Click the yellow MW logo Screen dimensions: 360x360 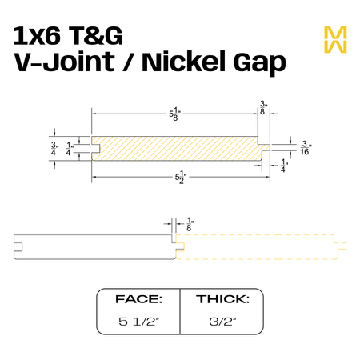tap(335, 39)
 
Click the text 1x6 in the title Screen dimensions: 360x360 tap(37, 36)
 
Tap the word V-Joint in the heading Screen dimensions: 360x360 tap(64, 62)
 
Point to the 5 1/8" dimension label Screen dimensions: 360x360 tap(174, 114)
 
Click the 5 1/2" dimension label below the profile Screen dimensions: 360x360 tap(181, 177)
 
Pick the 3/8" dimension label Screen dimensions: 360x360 tap(262, 108)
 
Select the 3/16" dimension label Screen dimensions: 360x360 tap(306, 148)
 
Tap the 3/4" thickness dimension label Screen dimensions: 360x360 tap(54, 149)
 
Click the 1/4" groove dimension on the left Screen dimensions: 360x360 tap(70, 149)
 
